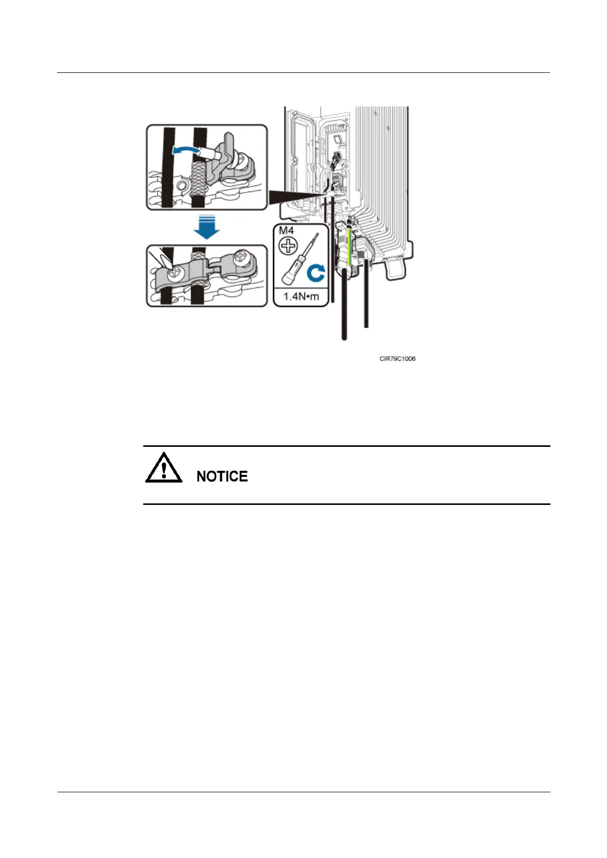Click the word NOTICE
pos(222,476)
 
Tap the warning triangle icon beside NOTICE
pos(164,468)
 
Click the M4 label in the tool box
pos(286,231)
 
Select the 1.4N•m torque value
pos(301,297)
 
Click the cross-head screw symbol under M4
pos(288,247)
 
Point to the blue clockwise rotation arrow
pos(316,274)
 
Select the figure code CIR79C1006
pos(398,359)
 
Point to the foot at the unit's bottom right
pos(397,269)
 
